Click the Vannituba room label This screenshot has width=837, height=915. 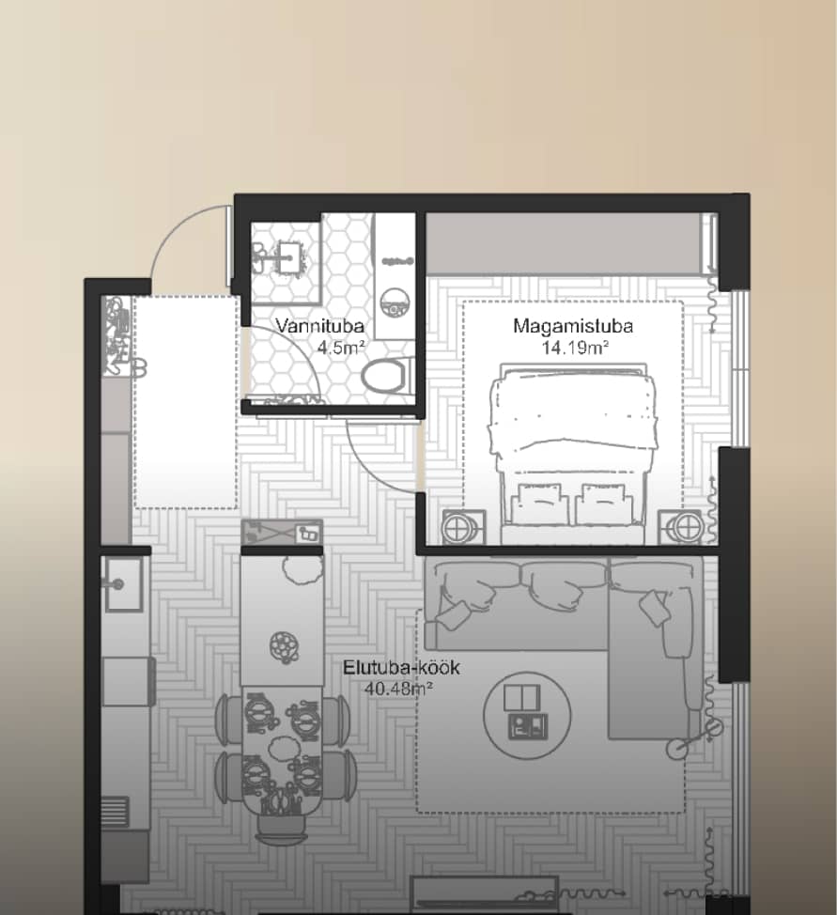[319, 326]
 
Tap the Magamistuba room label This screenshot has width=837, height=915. [573, 326]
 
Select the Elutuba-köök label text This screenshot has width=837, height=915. [401, 667]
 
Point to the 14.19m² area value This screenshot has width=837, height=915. [575, 348]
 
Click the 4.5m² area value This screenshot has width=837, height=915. [341, 348]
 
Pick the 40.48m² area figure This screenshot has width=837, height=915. [398, 689]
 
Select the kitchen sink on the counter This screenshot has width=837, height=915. [122, 584]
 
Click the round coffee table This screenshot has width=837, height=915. [527, 714]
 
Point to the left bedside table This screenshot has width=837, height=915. [463, 528]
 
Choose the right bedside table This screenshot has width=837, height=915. [682, 528]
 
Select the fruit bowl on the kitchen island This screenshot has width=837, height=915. [285, 646]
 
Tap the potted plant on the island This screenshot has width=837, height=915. [302, 568]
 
